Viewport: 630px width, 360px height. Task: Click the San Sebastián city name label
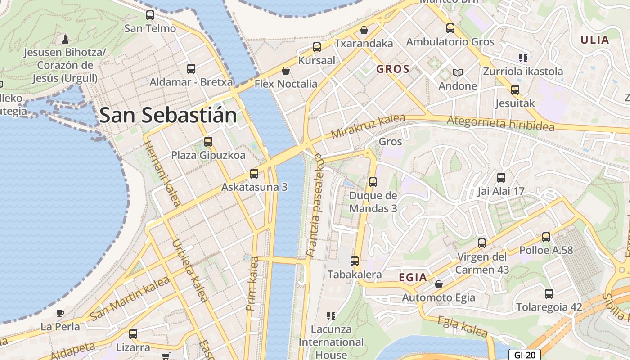pos(168,115)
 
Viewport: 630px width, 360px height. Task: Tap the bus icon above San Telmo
pos(150,15)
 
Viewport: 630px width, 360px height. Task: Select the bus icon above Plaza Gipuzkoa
pos(208,142)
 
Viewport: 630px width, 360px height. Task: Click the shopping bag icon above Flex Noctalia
pos(285,71)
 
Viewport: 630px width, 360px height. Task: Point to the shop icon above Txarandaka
pos(364,30)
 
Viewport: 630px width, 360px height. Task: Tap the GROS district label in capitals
pos(393,69)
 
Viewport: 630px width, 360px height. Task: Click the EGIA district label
pos(413,277)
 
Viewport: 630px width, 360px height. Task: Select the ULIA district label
pos(594,40)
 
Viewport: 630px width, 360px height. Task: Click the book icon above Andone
pos(458,72)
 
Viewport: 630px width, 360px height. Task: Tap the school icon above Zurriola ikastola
pos(523,58)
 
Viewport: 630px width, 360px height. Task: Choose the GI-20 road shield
pos(524,355)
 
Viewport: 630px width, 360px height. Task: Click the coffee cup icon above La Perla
pos(60,313)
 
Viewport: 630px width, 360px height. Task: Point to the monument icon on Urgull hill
pos(65,39)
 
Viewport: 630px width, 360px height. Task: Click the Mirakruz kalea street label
pos(368,126)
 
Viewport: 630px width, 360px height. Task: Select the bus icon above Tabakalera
pos(355,261)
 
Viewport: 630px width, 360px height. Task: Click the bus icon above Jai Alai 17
pos(501,178)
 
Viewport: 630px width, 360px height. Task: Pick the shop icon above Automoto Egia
pos(439,284)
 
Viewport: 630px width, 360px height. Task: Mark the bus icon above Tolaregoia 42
pos(549,294)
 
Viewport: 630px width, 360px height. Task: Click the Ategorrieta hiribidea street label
pos(500,123)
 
